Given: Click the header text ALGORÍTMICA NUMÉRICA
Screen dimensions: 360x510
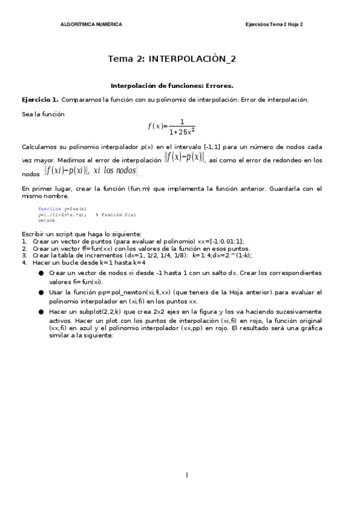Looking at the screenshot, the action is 91,24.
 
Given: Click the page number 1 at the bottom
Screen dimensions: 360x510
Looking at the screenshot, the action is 186,475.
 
